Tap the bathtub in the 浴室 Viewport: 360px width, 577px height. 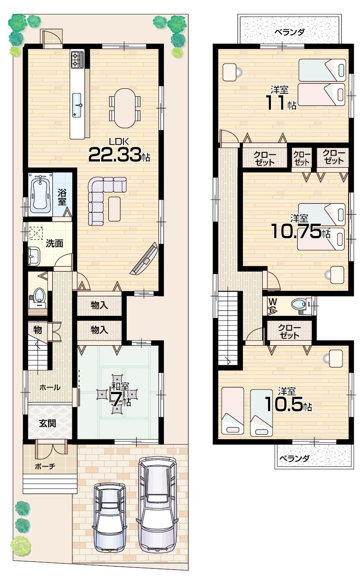(x=40, y=193)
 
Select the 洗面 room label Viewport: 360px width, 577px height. (x=54, y=243)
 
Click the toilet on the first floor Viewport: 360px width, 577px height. (x=39, y=295)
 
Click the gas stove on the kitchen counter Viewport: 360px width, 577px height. (x=77, y=60)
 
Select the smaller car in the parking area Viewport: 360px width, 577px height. (x=109, y=517)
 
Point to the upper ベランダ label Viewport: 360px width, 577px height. (x=289, y=32)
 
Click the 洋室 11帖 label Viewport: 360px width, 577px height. (x=281, y=98)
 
